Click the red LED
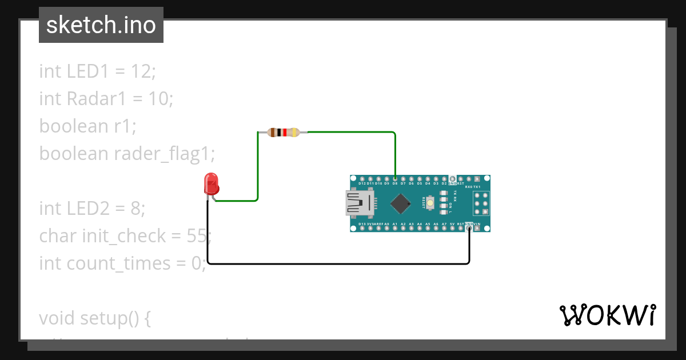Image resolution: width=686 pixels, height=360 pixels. coord(212,185)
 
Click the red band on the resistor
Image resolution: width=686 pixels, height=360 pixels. coord(284,133)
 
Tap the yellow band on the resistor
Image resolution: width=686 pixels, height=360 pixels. coord(294,133)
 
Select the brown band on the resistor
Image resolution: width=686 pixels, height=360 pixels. coord(273,133)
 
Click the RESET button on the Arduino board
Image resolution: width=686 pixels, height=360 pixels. coord(429,202)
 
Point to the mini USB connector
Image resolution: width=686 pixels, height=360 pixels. coord(359,203)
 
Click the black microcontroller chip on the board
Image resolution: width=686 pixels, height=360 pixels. coord(401,203)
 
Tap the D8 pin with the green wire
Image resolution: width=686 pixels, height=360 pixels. coord(395,179)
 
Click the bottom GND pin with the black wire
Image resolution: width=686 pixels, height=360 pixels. coord(469,229)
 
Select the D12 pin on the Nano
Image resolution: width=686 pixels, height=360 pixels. coord(362,179)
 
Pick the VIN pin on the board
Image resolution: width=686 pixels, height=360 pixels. coord(477,229)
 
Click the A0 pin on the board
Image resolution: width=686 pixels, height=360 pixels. coord(386,229)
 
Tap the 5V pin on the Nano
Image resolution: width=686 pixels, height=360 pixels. coord(452,229)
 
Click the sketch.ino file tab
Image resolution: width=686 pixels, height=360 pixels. coord(101,25)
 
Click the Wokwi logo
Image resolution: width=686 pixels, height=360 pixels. coord(607,315)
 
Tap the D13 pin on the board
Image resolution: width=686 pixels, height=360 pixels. coord(362,229)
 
